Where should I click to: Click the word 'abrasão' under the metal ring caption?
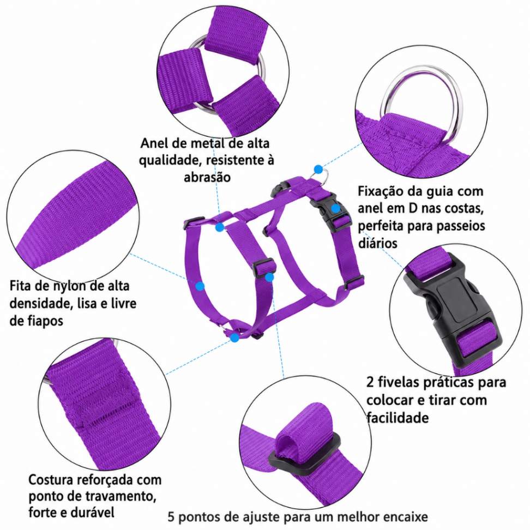point(207,177)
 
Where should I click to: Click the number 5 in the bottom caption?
point(171,517)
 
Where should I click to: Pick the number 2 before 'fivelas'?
point(370,383)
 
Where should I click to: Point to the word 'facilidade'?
point(397,418)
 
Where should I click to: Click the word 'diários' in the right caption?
point(377,243)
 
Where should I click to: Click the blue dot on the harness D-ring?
point(318,170)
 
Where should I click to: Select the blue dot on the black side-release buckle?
point(335,208)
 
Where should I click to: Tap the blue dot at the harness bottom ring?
point(234,338)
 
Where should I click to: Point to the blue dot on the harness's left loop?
point(200,286)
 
